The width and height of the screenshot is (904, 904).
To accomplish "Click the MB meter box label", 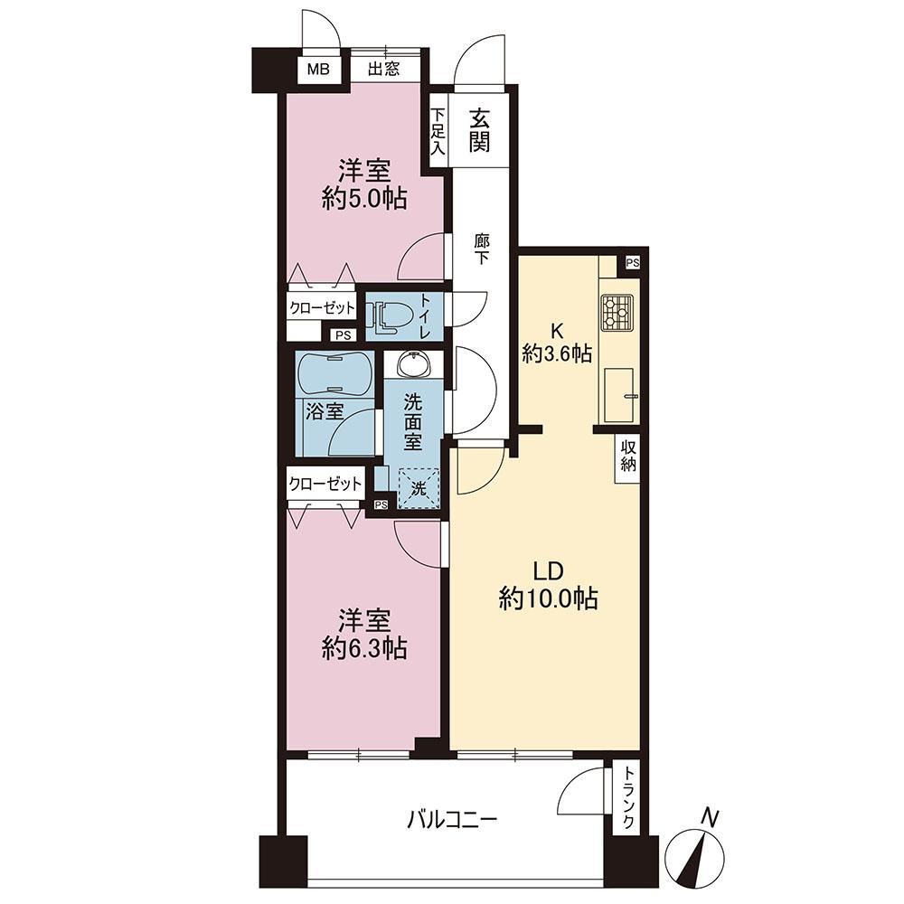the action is tap(317, 70).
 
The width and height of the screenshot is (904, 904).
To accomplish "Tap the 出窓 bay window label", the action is tap(384, 70).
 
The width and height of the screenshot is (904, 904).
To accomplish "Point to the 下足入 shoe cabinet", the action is tap(438, 131).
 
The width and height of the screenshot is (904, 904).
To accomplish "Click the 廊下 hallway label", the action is tap(482, 249).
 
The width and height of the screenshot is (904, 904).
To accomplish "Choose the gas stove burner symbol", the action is tap(617, 313).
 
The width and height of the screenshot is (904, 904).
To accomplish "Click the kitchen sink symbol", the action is tap(619, 395).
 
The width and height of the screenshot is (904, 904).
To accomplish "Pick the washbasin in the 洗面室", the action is tap(413, 363).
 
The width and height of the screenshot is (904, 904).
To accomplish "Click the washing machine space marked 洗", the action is tap(419, 489).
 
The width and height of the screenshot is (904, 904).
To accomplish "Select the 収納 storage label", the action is tap(628, 456).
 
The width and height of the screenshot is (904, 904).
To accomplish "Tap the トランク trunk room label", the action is tap(629, 797).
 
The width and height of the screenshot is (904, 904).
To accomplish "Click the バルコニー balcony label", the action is tap(452, 819).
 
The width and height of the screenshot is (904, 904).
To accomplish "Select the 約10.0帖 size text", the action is tap(548, 599).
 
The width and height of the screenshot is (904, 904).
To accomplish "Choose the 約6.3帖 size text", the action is tap(365, 648).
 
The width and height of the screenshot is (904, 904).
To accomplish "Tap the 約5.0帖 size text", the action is tap(364, 200).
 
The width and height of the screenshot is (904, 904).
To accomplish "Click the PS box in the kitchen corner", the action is tap(633, 263).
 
